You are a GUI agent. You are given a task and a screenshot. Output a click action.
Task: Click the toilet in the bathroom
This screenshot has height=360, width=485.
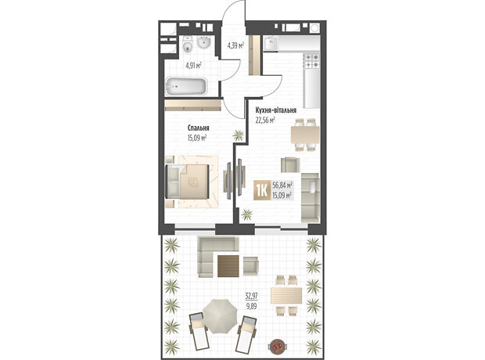tap(188, 44)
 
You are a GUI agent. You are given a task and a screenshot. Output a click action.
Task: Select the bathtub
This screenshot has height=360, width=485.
tap(186, 86)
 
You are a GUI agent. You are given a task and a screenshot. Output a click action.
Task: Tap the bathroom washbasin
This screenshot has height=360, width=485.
tap(204, 42)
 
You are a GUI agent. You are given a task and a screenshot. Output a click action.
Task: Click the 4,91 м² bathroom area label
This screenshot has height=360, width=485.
tap(193, 65)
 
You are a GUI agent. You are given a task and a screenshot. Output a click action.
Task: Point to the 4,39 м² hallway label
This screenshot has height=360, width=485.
tap(235, 46)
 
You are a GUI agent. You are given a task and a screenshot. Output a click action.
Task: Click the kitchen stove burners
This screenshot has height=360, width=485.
tap(311, 61)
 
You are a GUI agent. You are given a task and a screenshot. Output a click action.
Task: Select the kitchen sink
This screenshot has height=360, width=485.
tap(271, 44)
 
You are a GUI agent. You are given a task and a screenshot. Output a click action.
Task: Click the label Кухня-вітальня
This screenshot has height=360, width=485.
tap(276, 110)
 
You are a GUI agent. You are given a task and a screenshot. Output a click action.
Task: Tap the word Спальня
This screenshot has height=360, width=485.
tap(198, 128)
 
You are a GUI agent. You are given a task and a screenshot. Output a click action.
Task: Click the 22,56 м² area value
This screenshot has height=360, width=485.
tap(265, 120)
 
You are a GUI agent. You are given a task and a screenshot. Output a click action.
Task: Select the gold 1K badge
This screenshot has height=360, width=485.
tap(262, 190)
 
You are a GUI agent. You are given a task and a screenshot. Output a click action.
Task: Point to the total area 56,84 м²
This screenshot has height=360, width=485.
tap(282, 185)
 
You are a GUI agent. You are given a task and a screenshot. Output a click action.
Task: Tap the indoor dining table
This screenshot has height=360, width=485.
tap(305, 135)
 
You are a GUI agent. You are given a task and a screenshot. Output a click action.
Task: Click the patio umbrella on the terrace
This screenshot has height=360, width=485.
tap(221, 315)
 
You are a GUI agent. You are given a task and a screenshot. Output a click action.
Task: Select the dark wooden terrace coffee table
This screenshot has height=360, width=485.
tap(228, 266)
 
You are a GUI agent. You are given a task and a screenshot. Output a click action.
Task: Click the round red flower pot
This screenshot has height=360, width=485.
tap(277, 346)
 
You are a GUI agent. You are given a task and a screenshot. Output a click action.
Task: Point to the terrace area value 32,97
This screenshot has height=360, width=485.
tap(251, 297)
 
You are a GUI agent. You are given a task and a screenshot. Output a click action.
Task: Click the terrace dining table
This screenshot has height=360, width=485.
tap(286, 295)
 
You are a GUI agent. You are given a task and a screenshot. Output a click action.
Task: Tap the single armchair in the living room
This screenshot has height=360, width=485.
tap(290, 165)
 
